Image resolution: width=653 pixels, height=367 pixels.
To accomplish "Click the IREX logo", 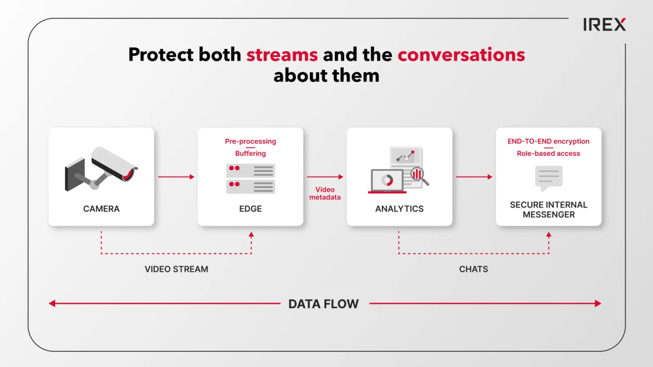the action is [604, 24].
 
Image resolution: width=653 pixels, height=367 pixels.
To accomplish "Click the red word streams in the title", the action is [282, 55].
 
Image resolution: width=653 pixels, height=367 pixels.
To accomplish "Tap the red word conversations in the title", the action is [461, 55].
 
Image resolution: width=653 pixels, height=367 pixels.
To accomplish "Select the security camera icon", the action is [101, 169].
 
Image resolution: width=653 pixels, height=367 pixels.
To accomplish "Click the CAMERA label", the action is [101, 209].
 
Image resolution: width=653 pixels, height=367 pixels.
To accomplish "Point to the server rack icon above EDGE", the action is [251, 179].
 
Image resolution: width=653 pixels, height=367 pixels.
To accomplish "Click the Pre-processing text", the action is [251, 141].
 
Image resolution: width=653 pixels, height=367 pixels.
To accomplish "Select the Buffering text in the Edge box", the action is [251, 153].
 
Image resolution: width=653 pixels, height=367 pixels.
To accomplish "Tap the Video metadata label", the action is [325, 193].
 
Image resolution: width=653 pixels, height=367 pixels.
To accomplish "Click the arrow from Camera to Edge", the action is [176, 177].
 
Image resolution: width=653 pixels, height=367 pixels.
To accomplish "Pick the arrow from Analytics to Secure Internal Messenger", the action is [474, 177].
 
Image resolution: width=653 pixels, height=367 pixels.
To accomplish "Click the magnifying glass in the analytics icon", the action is [420, 177].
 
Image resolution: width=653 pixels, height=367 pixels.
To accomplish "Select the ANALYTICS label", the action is [400, 209].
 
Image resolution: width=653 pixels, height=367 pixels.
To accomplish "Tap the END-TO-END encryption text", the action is [549, 141].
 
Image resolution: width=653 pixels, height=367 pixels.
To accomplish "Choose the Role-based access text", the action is [549, 153].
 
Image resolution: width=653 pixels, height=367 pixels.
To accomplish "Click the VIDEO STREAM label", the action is [176, 269].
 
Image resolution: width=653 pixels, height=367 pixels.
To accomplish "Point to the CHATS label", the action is [473, 269].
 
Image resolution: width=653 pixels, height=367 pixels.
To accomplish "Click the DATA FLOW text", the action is [324, 304].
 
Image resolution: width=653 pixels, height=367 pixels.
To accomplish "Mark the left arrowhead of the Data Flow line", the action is [52, 303].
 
